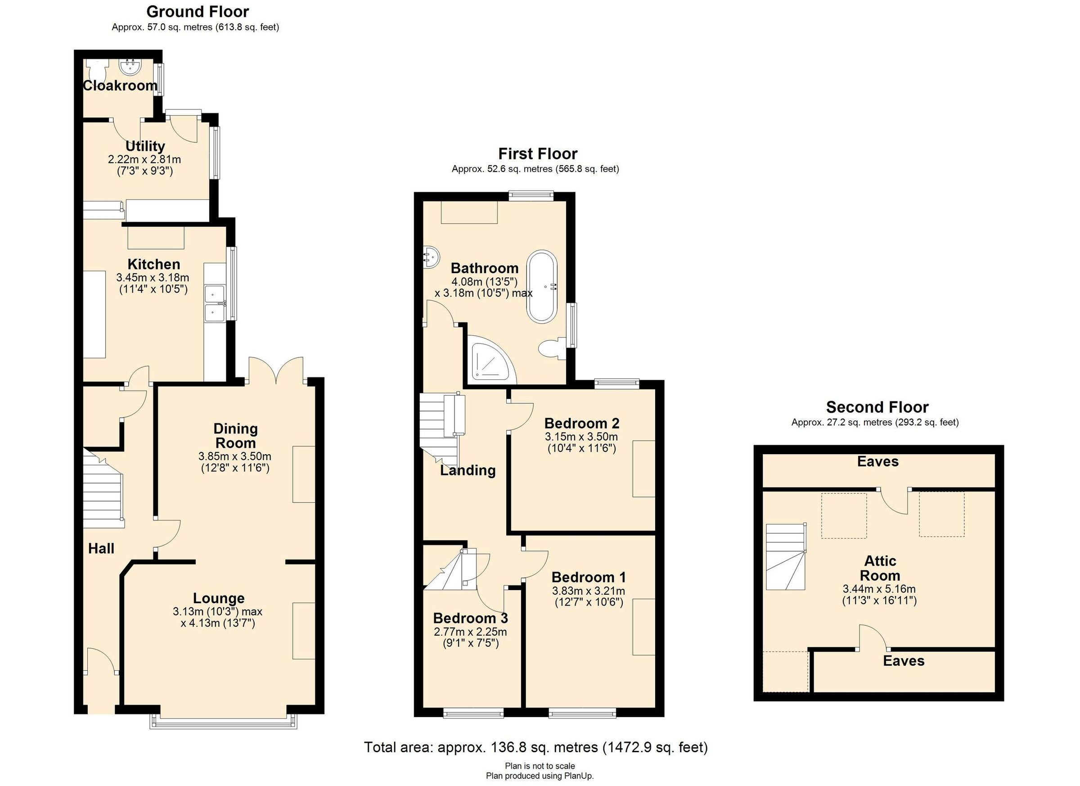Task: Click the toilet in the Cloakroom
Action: click(x=96, y=72)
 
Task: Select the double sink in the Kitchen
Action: click(x=215, y=303)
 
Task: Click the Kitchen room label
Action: click(x=153, y=264)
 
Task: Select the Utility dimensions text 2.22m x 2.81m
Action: click(x=144, y=159)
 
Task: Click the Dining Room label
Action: click(x=235, y=435)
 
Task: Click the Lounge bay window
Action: click(x=224, y=722)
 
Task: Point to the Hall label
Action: click(x=101, y=549)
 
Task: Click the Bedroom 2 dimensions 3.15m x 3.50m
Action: click(x=581, y=437)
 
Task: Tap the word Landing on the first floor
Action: click(x=468, y=470)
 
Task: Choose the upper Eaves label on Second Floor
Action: click(x=877, y=461)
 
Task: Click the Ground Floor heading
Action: click(x=197, y=11)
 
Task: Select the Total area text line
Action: click(x=535, y=747)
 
